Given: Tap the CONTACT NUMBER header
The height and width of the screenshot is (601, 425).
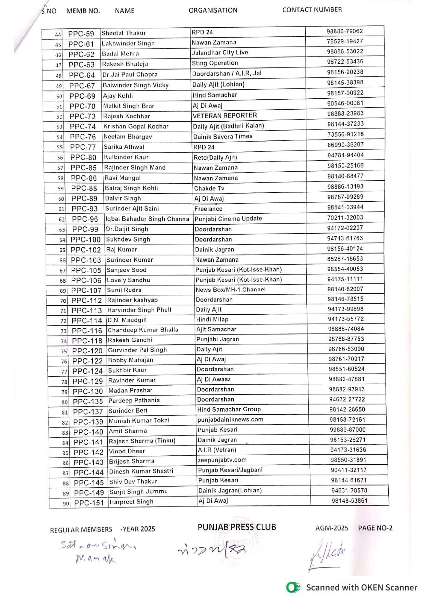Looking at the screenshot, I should coord(312,10).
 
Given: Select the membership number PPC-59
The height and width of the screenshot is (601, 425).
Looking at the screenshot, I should coord(81,34).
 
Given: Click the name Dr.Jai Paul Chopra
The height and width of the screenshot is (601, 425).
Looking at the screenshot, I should coord(130,75).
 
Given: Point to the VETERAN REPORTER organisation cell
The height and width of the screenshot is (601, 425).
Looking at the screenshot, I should coord(225,116).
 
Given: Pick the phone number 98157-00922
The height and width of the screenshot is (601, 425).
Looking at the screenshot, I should coord(345,93).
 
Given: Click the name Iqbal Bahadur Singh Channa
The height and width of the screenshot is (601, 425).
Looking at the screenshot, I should coord(147,219).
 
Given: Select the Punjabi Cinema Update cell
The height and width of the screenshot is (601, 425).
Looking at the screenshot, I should coord(228,219).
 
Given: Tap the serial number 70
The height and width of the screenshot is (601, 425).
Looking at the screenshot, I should coord(63,301).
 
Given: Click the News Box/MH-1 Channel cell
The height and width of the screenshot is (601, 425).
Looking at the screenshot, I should coord(230,289).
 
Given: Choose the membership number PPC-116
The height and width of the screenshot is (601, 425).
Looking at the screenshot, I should coord(87,331).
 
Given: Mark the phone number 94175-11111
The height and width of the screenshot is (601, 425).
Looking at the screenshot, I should coord(345,279).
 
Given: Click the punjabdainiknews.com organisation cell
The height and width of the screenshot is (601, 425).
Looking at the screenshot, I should coord(230,419).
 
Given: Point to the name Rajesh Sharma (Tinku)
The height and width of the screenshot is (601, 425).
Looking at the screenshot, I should coord(142,441).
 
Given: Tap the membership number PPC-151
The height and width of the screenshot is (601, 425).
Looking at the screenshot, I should coord(89,503).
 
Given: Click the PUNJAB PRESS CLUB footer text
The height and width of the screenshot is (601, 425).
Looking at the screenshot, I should coord(237,527).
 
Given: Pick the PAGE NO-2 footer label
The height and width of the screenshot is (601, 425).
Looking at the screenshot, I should coord(375,528).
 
